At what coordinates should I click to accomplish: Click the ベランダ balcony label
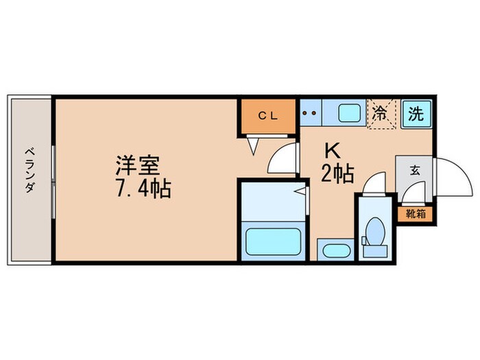tap(29, 169)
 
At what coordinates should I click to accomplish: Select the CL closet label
tap(267, 116)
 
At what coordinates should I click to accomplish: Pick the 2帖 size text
tap(337, 175)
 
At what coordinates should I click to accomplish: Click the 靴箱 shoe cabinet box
tap(415, 213)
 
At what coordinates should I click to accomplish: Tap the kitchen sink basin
tap(348, 112)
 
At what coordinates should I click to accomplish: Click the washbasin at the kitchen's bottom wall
tap(335, 250)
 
